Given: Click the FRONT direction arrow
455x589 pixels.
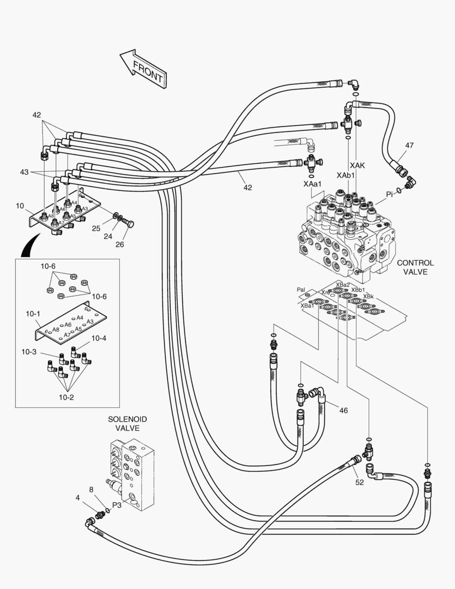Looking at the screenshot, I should (x=143, y=68).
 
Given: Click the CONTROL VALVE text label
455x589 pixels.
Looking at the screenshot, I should (x=415, y=267).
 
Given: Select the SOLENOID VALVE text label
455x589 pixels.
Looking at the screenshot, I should (x=127, y=424).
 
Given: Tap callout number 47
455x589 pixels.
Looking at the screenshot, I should (x=409, y=146).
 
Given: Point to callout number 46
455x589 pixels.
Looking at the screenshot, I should (x=343, y=410).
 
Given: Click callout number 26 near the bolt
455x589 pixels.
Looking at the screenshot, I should (x=119, y=244).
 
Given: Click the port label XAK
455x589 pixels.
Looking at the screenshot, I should (x=357, y=165).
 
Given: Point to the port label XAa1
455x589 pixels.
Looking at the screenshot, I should (x=313, y=185).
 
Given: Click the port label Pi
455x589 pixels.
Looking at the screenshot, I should (x=390, y=194).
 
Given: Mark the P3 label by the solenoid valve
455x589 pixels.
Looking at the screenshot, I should (x=117, y=505).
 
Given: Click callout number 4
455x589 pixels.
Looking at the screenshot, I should (x=78, y=497).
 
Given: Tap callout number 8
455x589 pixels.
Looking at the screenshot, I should (x=91, y=490).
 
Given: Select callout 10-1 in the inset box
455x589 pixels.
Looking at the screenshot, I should (x=33, y=315).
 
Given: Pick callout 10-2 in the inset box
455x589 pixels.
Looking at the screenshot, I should (x=66, y=397).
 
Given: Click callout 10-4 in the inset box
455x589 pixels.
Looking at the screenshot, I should (x=99, y=339).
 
